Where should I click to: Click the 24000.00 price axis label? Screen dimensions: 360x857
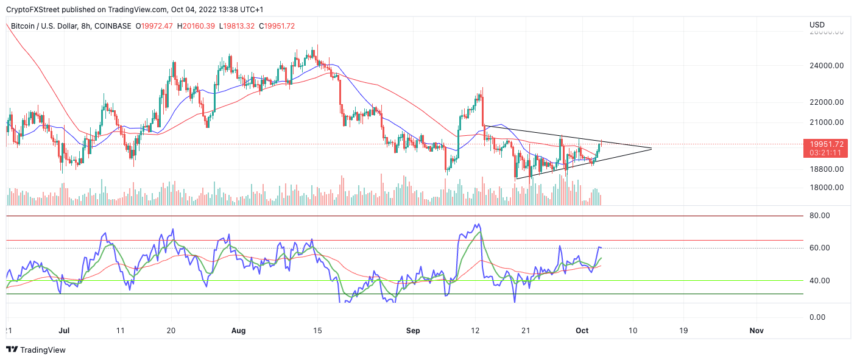tap(826, 66)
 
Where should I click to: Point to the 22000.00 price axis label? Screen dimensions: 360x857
tap(826, 102)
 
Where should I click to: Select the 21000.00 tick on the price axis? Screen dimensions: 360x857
tap(826, 122)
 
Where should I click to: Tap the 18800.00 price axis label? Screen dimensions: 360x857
tap(826, 169)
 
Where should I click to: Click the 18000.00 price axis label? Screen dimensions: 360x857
tap(826, 188)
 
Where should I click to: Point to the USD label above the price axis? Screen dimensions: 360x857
tap(817, 25)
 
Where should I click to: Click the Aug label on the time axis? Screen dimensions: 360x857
tap(239, 331)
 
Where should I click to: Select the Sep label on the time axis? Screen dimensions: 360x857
tap(413, 331)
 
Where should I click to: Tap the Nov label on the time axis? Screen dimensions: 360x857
tap(756, 331)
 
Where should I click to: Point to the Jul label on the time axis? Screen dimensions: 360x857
tap(64, 331)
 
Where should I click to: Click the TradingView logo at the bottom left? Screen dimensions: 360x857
tap(36, 350)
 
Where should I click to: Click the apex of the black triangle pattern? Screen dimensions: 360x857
tap(652, 148)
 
